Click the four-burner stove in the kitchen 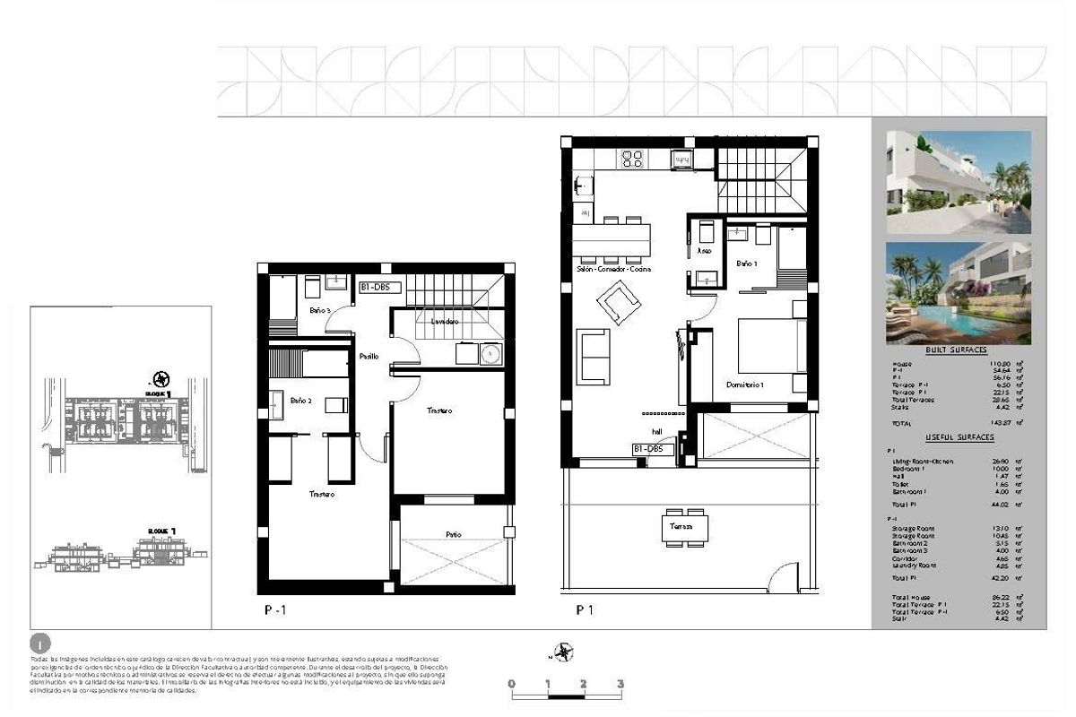pos(633,160)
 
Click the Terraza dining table pos(686,523)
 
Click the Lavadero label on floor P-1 pos(445,321)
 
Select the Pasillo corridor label pos(369,357)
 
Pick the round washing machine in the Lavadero pos(490,355)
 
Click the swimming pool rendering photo pos(958,293)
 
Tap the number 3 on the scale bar pos(620,684)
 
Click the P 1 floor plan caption pos(585,610)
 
